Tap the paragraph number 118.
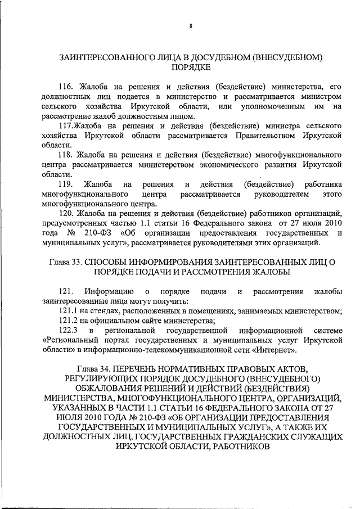tap(67, 154)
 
